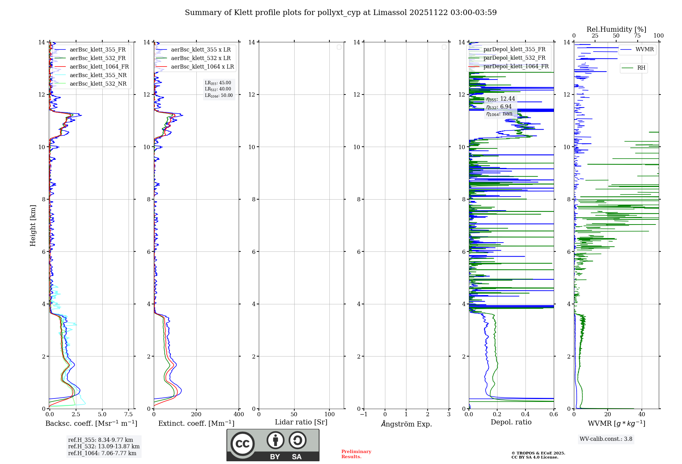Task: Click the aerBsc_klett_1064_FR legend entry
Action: point(99,67)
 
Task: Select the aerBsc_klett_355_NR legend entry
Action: point(98,75)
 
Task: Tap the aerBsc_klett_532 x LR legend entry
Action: point(201,58)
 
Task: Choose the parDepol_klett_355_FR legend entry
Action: point(514,49)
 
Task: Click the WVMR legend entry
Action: point(644,49)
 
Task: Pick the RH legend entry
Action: point(641,68)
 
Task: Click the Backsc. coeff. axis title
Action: point(91,423)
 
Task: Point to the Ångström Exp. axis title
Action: point(406,424)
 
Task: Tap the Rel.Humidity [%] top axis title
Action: point(616,29)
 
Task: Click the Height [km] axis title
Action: point(33,226)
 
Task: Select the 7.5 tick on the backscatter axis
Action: point(129,414)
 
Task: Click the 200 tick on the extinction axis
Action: point(196,414)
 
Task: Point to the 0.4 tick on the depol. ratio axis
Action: point(525,414)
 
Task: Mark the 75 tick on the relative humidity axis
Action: point(637,36)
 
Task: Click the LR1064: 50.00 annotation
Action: point(219,96)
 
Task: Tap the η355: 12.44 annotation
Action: point(500,99)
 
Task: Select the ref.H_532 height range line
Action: point(104,446)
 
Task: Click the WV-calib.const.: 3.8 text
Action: point(606,439)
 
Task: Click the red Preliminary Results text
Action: point(356,454)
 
